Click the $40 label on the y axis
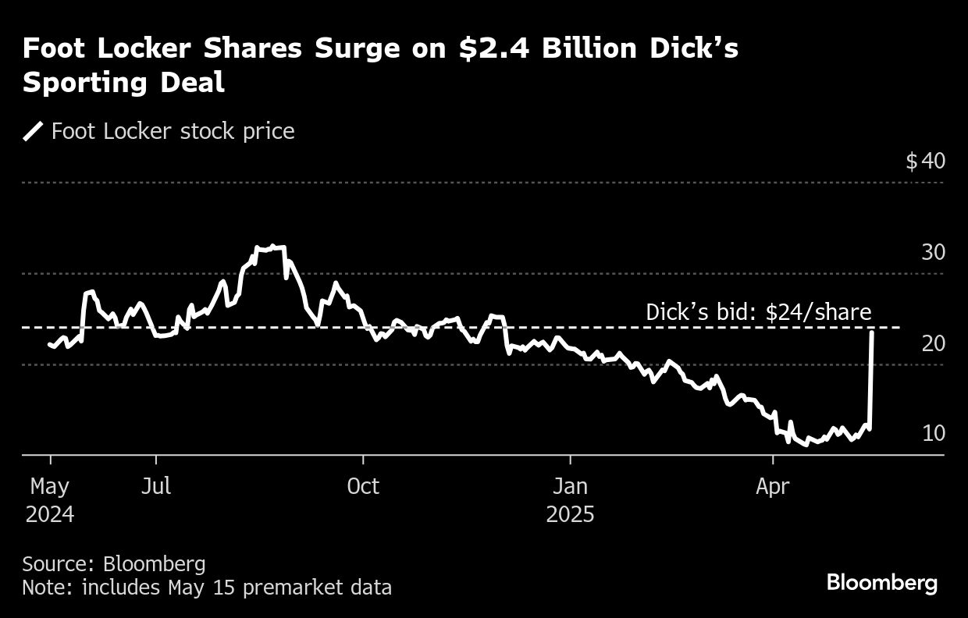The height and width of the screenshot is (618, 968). (x=925, y=162)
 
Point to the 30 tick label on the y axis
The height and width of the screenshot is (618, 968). (x=933, y=253)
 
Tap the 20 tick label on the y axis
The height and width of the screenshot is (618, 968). (x=933, y=343)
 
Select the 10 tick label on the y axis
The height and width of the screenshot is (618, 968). (x=933, y=434)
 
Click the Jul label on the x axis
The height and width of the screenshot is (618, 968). (x=156, y=487)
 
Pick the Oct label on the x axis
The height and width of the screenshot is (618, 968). (x=363, y=487)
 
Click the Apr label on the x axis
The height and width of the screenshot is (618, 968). (x=772, y=487)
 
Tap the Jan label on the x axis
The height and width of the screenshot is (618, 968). (x=570, y=487)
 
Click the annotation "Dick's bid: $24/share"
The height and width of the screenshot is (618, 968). (x=758, y=313)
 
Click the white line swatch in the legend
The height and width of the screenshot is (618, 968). (x=34, y=131)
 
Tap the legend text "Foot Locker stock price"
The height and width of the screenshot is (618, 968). (x=173, y=131)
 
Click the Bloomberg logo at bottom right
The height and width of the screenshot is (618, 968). (x=881, y=582)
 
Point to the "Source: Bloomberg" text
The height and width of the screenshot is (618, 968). (x=114, y=564)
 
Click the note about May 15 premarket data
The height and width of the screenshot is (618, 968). (x=207, y=587)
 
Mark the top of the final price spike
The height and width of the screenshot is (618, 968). (x=871, y=333)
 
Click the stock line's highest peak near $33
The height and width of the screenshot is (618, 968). (x=270, y=247)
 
